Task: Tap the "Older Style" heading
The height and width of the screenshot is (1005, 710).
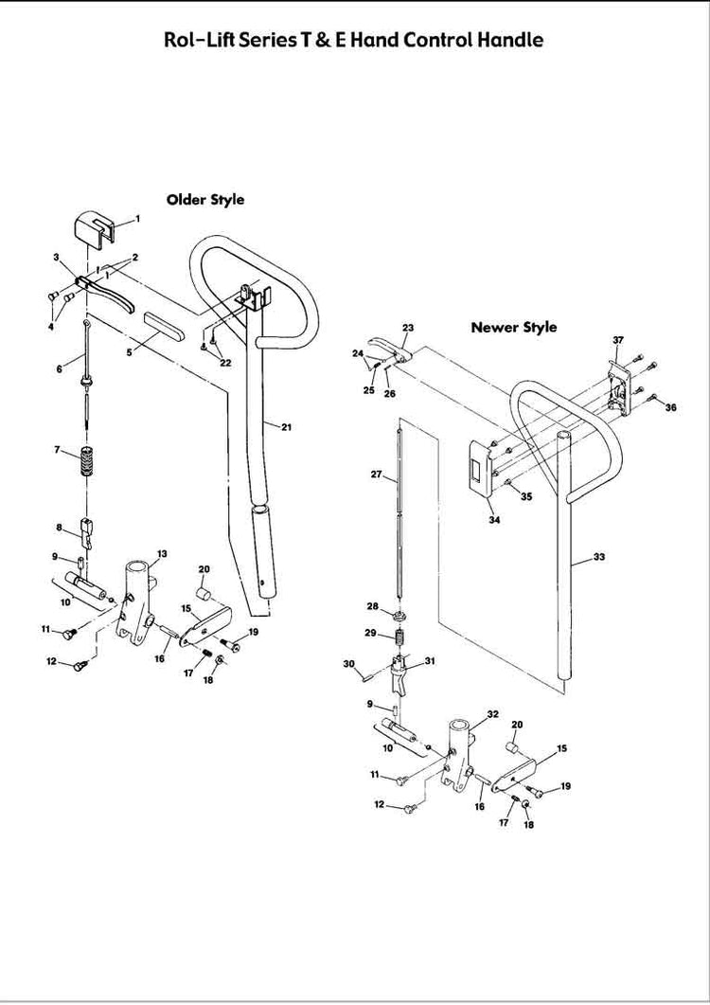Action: tap(205, 200)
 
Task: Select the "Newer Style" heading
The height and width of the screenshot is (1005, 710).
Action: tap(514, 328)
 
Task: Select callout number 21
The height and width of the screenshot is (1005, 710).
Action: tap(286, 428)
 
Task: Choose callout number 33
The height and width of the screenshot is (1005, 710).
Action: tap(599, 557)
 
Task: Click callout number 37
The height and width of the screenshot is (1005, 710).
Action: tap(618, 339)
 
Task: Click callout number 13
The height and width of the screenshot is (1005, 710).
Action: tap(162, 553)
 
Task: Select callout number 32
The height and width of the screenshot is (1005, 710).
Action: tap(492, 713)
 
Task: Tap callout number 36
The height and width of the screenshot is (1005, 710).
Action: tap(671, 407)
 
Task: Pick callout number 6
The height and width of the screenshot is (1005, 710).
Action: tap(58, 368)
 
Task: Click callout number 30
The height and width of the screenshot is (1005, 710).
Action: tap(348, 663)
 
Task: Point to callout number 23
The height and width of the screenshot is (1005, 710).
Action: tap(408, 328)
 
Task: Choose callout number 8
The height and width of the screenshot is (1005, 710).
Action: tap(59, 528)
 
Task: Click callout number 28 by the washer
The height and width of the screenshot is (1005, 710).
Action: tap(373, 605)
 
